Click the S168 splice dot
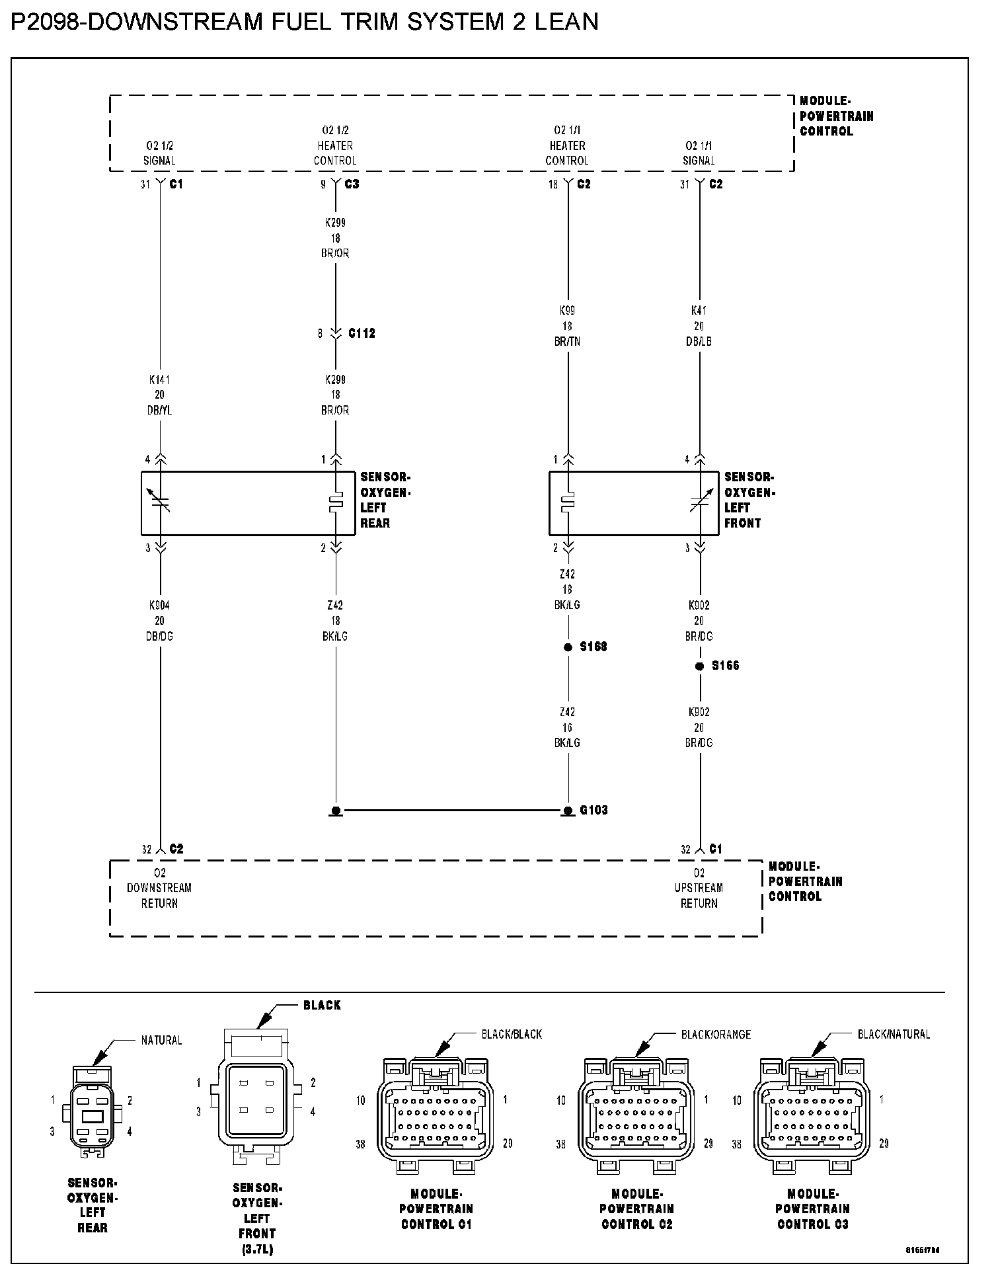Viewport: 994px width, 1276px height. click(x=568, y=647)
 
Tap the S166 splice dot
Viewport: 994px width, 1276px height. click(x=699, y=666)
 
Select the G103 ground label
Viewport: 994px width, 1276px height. click(x=593, y=810)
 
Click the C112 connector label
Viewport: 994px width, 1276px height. click(x=362, y=334)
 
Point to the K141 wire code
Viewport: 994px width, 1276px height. click(x=160, y=380)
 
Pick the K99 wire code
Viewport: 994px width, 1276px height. click(x=567, y=310)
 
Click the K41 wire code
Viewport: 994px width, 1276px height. click(x=699, y=310)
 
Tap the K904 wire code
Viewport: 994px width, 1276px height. click(x=160, y=605)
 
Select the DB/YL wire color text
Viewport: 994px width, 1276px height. click(x=160, y=411)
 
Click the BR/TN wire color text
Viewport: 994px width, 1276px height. click(x=567, y=342)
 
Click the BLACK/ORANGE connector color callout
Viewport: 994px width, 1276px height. click(x=716, y=1035)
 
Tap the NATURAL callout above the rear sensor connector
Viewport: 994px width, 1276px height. click(x=161, y=1041)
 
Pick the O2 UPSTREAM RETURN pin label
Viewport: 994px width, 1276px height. click(x=699, y=888)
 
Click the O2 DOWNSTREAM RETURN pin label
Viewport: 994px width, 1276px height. click(x=159, y=888)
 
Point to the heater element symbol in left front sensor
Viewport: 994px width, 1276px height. click(x=568, y=503)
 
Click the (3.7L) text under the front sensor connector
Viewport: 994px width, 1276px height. click(x=256, y=1249)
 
